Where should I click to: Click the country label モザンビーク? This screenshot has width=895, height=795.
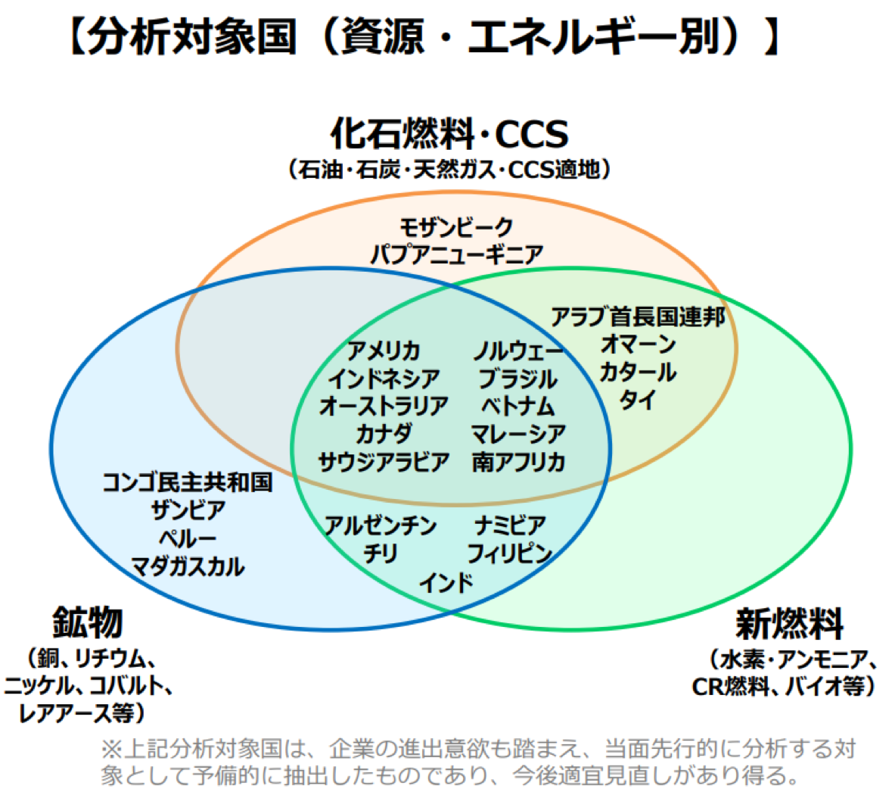coord(456,227)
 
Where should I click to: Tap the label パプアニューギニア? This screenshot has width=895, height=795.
coord(457,254)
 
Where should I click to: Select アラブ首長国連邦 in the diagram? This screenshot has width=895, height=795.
coord(638,316)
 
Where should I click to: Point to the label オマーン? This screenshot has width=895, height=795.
coord(638,344)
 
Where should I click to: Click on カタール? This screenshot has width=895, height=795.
coord(638,372)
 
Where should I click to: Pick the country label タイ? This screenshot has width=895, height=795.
coord(637,399)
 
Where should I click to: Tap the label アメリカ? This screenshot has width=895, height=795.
coord(384,351)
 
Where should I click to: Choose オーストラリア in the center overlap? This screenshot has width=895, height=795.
coord(384,406)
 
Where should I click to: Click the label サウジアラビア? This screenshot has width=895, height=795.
coord(384,461)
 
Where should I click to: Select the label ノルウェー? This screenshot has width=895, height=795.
coord(517,351)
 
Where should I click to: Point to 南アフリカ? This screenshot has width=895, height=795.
coord(518,461)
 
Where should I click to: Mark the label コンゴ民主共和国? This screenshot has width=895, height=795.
coord(187,482)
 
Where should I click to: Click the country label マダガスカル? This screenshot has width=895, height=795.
coord(187,566)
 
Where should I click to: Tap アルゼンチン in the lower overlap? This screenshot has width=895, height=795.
coord(380,525)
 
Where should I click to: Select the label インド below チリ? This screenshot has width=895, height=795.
coord(446,582)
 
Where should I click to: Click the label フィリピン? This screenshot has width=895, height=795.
coord(510,553)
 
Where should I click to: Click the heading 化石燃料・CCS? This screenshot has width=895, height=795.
coord(449,134)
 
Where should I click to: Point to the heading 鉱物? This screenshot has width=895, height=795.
coord(88,622)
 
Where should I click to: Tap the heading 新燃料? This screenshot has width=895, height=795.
coord(789,624)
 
